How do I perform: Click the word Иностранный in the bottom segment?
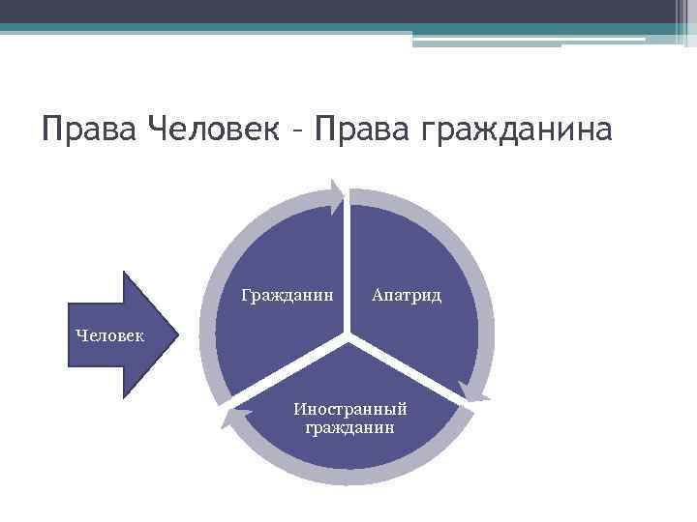349,409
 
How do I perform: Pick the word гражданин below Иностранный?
349,426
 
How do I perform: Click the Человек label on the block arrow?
108,335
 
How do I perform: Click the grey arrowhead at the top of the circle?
336,196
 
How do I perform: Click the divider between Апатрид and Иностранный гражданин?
407,372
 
